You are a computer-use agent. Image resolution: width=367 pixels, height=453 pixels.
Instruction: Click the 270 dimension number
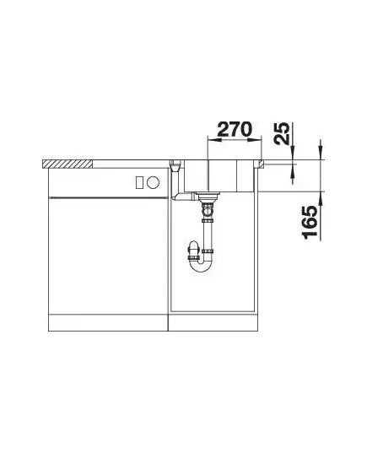tap(235, 129)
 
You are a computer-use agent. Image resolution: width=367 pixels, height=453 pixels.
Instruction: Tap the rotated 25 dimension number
tap(281, 133)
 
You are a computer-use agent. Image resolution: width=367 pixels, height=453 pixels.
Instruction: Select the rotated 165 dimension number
tap(310, 223)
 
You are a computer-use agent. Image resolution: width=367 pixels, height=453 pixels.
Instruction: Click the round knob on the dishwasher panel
tap(153, 182)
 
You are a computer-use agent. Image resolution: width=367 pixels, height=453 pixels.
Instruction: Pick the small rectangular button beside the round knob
tap(140, 182)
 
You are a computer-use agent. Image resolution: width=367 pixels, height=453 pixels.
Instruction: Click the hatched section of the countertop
tap(67, 164)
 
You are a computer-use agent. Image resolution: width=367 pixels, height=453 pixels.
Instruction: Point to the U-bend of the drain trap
tap(202, 265)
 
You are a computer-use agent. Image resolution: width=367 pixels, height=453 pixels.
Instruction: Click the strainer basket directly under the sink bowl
tap(208, 197)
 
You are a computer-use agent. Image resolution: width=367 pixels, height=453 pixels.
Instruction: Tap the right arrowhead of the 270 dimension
tap(255, 140)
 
